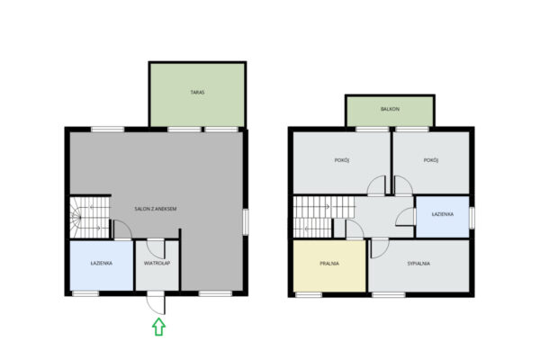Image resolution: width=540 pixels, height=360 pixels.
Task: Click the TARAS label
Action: (197, 93)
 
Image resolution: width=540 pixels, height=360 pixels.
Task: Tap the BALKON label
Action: (390, 109)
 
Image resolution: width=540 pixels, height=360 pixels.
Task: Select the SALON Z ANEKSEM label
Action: (156, 209)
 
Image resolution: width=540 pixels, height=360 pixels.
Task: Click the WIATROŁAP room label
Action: (157, 263)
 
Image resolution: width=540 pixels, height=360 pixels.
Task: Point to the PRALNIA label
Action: (329, 264)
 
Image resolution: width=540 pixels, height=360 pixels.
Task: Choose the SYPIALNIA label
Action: (418, 264)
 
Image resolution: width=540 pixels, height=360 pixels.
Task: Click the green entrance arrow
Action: (158, 327)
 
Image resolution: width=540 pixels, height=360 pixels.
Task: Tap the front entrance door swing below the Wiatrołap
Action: (156, 305)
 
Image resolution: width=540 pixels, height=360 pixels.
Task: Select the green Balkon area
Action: (390, 112)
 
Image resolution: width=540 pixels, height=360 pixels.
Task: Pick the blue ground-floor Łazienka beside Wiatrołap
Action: (101, 265)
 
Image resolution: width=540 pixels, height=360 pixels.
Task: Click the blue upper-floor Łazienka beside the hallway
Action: (443, 217)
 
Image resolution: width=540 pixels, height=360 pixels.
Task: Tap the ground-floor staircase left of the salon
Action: (90, 217)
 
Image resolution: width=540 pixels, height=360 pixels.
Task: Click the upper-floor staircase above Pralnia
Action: (324, 217)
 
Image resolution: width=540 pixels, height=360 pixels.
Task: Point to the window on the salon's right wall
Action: (246, 222)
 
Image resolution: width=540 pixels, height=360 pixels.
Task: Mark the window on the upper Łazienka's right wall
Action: (472, 218)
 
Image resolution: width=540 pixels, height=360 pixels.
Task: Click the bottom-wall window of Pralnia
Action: (309, 294)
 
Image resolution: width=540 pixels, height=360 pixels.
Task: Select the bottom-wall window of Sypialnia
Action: (389, 294)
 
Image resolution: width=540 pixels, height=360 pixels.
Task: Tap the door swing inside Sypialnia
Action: (380, 248)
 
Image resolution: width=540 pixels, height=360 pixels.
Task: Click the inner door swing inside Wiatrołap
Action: (156, 248)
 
